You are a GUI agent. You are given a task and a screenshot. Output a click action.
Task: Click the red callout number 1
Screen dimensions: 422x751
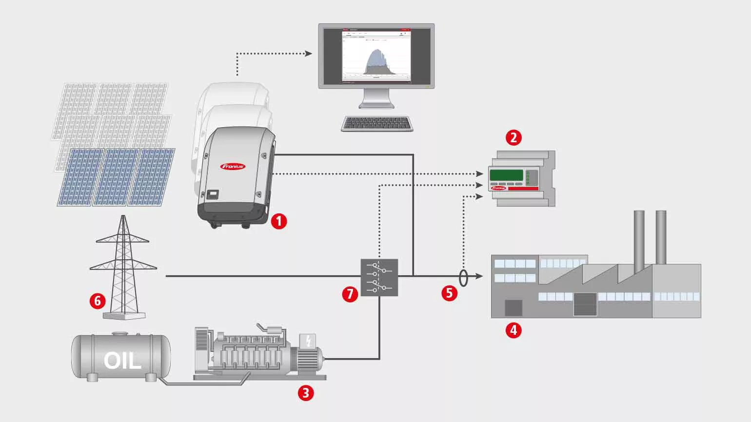[279, 221]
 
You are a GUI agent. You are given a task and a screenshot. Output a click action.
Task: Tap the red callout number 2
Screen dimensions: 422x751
[514, 137]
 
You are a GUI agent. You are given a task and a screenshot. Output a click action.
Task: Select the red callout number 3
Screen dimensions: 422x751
[306, 393]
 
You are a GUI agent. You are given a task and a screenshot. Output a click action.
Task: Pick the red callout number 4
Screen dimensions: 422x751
[514, 330]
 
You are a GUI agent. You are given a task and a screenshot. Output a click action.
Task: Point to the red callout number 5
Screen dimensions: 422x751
[449, 293]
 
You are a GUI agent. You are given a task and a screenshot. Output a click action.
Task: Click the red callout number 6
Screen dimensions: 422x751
[98, 301]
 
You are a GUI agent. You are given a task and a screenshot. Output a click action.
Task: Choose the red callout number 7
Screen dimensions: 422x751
[350, 294]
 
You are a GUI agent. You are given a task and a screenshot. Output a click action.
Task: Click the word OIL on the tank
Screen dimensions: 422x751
[122, 361]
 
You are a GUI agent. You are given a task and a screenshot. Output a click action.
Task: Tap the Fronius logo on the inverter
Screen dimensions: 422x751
[233, 166]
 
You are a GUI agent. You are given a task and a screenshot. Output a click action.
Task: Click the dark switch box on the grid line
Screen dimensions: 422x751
[379, 277]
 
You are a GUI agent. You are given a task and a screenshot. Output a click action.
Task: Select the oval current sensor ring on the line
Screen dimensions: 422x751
[463, 278]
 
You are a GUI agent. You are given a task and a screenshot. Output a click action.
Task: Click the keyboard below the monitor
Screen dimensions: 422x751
[377, 124]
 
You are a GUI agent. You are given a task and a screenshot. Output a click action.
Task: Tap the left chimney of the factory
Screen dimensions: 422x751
[639, 239]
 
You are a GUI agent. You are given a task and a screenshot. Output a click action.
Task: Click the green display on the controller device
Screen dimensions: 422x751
[506, 175]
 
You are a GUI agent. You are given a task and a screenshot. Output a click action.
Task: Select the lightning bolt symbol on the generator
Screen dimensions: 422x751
[308, 341]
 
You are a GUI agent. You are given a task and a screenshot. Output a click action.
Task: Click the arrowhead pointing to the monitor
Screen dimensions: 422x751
[308, 53]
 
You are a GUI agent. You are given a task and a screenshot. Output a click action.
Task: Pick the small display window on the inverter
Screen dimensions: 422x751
[213, 194]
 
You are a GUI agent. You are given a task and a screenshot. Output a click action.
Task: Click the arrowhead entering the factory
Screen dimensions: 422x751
[479, 276]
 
